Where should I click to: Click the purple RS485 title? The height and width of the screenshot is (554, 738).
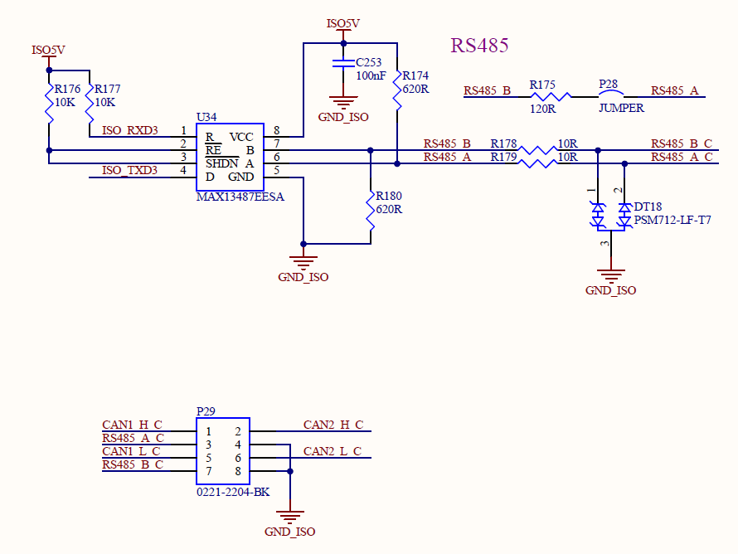(x=479, y=46)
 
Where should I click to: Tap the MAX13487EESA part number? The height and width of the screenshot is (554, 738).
(x=240, y=197)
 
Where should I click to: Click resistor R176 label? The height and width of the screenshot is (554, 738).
(x=67, y=89)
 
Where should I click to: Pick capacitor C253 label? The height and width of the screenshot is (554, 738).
(x=369, y=63)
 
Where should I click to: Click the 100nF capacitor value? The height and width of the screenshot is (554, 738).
(x=371, y=75)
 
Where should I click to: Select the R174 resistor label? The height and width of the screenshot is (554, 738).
(x=415, y=75)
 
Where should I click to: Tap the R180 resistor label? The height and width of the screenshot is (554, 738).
(x=389, y=197)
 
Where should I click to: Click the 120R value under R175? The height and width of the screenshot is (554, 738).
(x=543, y=108)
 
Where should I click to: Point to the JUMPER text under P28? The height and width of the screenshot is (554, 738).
(x=621, y=108)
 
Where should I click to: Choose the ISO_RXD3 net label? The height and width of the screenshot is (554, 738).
(x=129, y=130)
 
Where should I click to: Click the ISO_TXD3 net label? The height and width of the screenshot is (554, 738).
(x=129, y=170)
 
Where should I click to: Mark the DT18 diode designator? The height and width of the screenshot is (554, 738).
(x=648, y=207)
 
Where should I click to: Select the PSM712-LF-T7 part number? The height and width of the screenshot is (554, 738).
(x=672, y=220)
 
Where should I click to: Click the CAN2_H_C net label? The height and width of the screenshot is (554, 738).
(x=333, y=425)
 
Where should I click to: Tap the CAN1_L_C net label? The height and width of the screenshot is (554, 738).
(x=132, y=451)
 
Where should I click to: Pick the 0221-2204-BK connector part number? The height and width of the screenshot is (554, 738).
(x=233, y=492)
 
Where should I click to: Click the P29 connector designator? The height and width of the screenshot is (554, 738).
(x=206, y=411)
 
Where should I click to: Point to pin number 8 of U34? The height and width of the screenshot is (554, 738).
(x=276, y=130)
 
